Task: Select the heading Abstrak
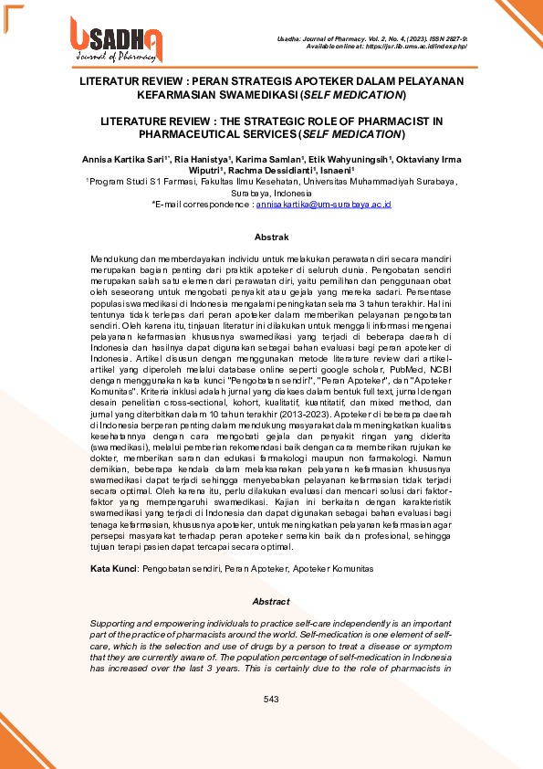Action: click(270, 237)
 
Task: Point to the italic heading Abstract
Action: click(270, 602)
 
